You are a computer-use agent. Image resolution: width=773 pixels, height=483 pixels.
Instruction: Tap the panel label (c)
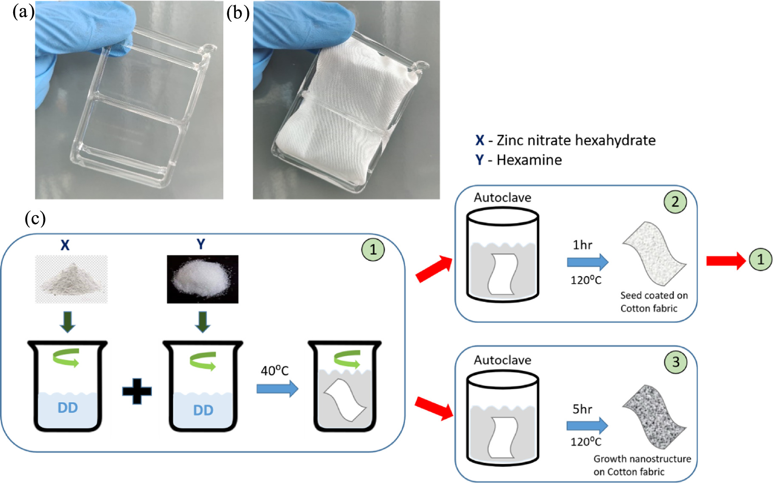[35, 219]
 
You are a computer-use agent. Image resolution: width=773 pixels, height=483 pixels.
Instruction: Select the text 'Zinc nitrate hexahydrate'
[576, 140]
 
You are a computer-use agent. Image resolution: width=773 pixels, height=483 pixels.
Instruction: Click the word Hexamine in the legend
[529, 160]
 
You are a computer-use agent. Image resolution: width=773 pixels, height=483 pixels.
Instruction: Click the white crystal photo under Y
[202, 279]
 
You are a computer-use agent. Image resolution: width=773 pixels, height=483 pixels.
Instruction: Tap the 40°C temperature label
[274, 371]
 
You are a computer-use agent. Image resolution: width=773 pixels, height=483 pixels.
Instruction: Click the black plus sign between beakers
[137, 390]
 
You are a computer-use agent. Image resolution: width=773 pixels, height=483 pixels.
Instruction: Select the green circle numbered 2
[675, 202]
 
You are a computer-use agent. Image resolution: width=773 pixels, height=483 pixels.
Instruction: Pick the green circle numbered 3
[675, 362]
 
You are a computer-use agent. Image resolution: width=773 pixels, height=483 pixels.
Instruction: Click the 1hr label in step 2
[582, 245]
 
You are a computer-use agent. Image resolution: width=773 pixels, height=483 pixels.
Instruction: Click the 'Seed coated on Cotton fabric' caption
[654, 301]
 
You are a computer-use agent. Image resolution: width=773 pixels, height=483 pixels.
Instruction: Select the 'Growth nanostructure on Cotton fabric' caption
[642, 465]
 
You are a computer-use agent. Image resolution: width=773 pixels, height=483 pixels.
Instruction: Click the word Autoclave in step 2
[502, 198]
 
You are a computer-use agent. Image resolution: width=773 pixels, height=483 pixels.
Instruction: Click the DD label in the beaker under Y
[203, 410]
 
